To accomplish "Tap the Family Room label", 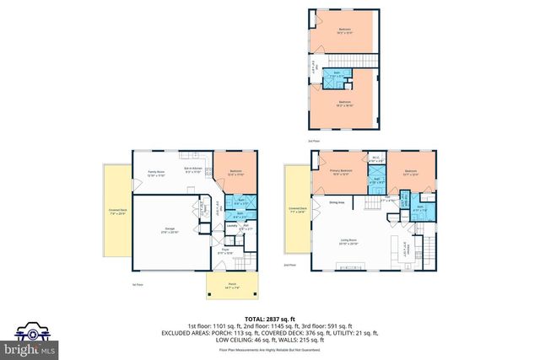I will [x=155, y=173].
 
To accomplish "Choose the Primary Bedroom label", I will [x=341, y=172].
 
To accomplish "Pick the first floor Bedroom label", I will [x=235, y=172].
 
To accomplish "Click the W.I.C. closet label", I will [x=375, y=159].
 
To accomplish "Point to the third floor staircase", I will [x=361, y=62].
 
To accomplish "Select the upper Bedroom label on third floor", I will [x=344, y=30].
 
